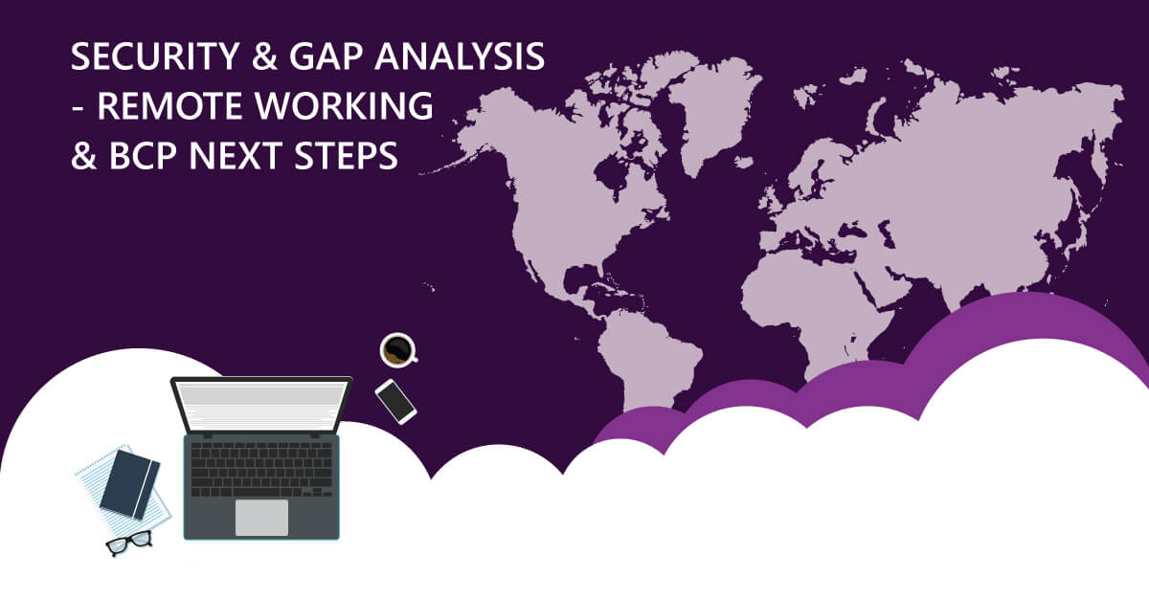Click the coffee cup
[395, 349]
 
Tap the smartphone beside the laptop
[395, 401]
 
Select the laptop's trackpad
[261, 518]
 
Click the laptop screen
[261, 405]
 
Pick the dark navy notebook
[129, 483]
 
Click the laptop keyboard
[261, 468]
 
